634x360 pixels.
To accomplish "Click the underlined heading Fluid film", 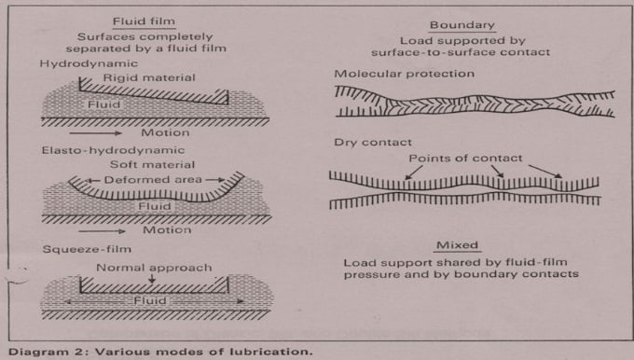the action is [x=144, y=21].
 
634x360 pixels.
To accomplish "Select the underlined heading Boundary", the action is [x=462, y=25].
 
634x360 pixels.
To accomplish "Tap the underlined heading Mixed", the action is [x=457, y=245].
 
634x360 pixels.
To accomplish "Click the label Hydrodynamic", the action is [x=89, y=64].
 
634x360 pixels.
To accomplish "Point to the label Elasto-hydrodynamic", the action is [x=113, y=150].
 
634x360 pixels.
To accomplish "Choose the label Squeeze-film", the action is [x=87, y=249].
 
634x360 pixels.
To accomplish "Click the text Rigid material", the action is [x=149, y=77].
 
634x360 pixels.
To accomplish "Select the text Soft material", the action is [x=152, y=165].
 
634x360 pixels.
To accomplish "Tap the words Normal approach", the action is [x=154, y=268].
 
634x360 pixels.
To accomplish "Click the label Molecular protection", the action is [x=405, y=74].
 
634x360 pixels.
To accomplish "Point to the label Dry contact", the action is [x=373, y=143].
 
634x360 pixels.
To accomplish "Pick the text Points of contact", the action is [x=465, y=159].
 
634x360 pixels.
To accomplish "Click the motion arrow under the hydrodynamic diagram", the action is [x=95, y=133].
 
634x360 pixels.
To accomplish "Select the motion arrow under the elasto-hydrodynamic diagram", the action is [x=102, y=231].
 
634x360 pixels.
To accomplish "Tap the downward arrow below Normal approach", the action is [x=152, y=278].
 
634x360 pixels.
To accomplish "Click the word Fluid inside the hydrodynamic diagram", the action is [x=103, y=104].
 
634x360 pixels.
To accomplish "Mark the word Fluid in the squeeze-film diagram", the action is [x=150, y=300].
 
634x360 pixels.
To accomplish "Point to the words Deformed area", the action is [x=153, y=180].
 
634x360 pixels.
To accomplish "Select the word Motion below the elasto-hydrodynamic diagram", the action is [x=167, y=230].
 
